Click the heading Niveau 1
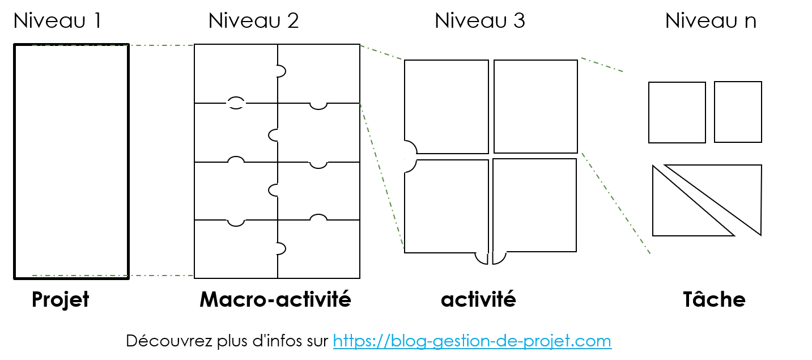tap(57, 20)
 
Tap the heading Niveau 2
tap(253, 20)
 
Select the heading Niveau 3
tap(479, 20)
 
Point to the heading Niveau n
tap(711, 20)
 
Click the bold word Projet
tap(60, 300)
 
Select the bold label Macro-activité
tap(275, 299)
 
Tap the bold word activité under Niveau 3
tap(478, 299)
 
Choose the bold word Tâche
tap(714, 299)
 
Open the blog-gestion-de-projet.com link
tap(472, 341)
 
